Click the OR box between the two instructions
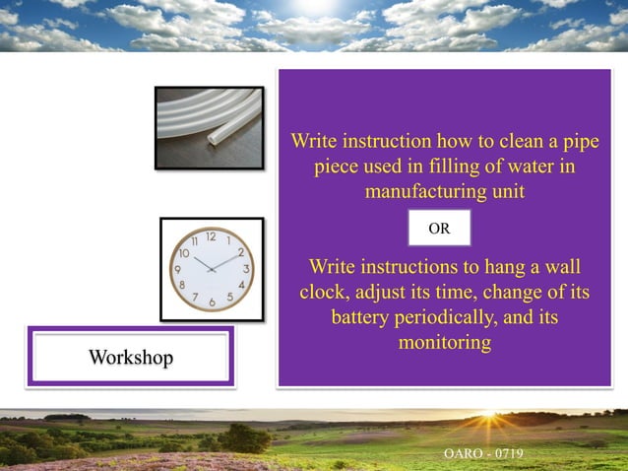pos(439,228)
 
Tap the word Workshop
pos(130,357)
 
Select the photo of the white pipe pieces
pos(209,128)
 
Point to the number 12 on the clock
pos(211,236)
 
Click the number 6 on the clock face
pos(212,302)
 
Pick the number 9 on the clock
pos(177,269)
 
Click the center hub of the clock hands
pos(211,269)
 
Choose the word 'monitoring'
pos(444,343)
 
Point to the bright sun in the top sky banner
pos(313,8)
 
